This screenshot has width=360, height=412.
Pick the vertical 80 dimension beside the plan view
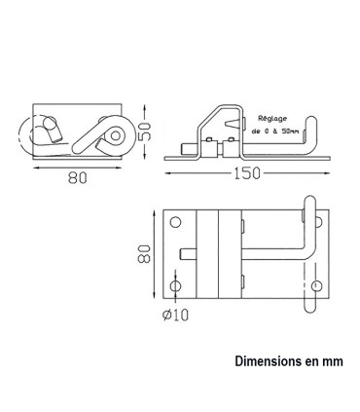coord(143,256)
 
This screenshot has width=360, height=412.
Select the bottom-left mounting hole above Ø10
coord(175,287)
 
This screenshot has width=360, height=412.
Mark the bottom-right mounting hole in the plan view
coord(317,286)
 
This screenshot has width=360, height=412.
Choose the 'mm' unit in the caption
coord(334,360)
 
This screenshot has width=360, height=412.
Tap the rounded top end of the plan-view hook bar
coord(311,201)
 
